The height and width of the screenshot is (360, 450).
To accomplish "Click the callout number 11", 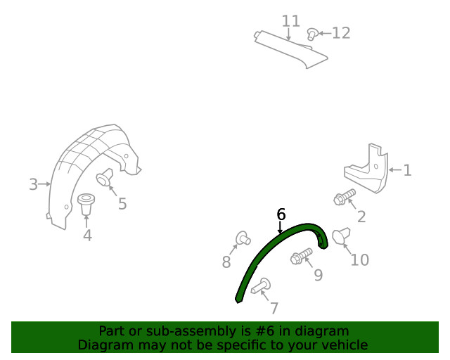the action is click(290, 21).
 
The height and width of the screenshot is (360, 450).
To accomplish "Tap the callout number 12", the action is click(341, 33).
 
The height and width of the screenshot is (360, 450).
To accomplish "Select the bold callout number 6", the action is click(281, 214).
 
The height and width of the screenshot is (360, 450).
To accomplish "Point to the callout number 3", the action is click(33, 184).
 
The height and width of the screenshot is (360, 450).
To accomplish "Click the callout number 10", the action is click(359, 260).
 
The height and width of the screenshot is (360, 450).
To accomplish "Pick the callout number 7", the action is click(274, 308).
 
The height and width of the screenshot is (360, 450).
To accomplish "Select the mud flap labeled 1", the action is click(366, 168).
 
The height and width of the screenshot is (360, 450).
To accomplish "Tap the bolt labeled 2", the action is click(345, 197).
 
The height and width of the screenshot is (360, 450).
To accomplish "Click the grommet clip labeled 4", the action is click(86, 204).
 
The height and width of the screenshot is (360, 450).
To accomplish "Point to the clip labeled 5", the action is click(105, 177).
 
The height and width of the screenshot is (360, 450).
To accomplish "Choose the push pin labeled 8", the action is click(243, 238).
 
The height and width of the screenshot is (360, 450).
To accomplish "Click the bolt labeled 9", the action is click(301, 256).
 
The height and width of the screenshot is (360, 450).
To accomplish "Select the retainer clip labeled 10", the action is click(342, 236).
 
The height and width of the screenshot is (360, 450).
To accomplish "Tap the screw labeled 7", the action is click(261, 286).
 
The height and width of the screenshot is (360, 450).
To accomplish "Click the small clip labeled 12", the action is click(312, 34).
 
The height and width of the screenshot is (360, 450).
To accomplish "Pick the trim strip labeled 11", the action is click(290, 49).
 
